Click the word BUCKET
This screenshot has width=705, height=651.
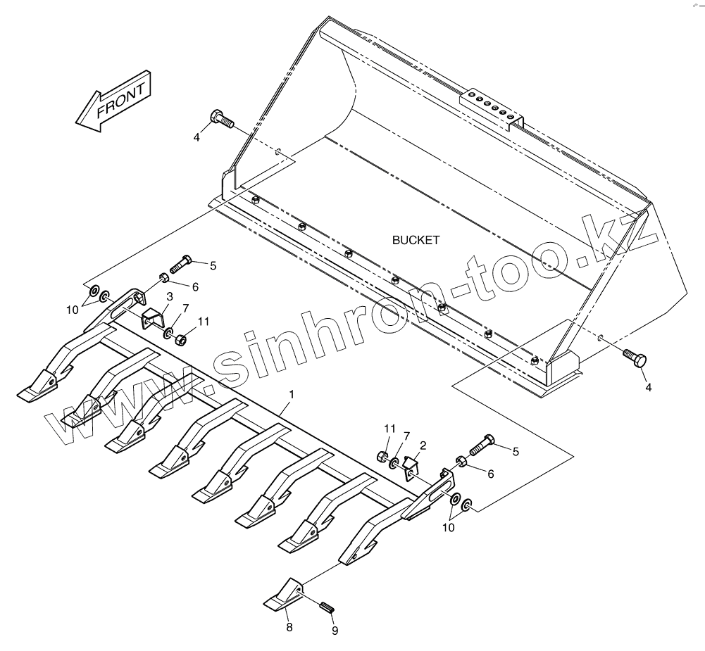pos(416,240)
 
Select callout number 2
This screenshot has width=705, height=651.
pos(423,445)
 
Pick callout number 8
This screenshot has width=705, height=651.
pos(289,627)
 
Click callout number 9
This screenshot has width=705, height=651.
pos(335,631)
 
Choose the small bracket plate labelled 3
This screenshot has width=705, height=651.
pos(152,318)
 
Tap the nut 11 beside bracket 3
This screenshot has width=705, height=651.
pos(180,339)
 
